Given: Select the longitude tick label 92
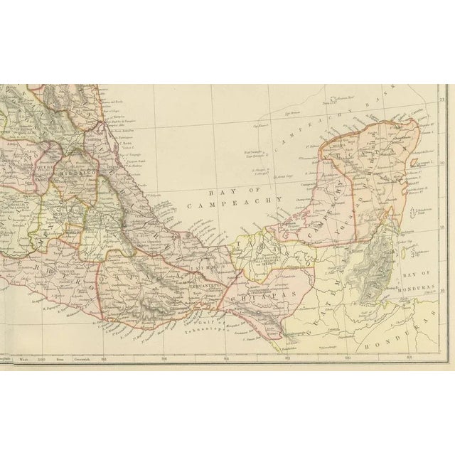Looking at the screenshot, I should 287,360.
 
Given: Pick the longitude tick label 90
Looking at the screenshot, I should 348,360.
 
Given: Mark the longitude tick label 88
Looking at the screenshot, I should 408,360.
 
